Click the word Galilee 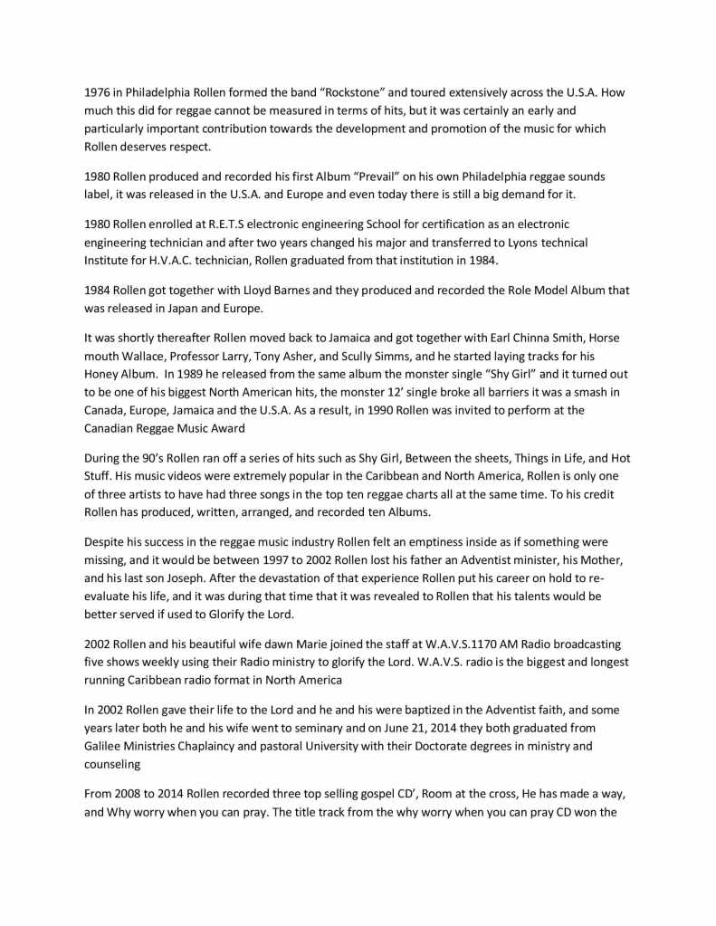tap(104, 746)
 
